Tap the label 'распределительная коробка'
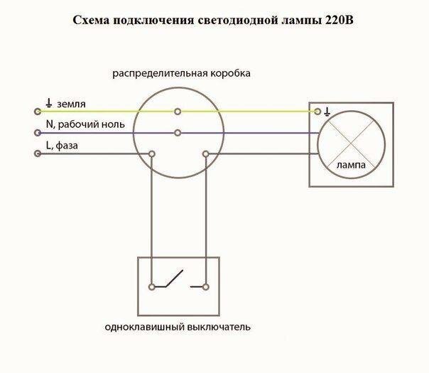coord(181,74)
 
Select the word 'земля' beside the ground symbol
coord(71,104)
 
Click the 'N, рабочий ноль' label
coord(85,124)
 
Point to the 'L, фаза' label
coord(62,146)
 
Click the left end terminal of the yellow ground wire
coord(38,112)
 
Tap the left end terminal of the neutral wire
coord(38,133)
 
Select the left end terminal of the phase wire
coord(38,153)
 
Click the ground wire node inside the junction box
coord(178,112)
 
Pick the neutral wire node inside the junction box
coord(178,133)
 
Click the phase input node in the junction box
coord(152,153)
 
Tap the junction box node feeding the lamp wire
coord(206,154)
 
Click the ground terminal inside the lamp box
coord(317,112)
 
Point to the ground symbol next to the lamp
coord(327,112)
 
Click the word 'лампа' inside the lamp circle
coord(351,166)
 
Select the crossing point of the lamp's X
coord(352,144)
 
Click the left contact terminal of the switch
coord(152,287)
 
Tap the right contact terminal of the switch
coord(206,287)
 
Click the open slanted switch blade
coord(174,279)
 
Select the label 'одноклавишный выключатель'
coord(178,328)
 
